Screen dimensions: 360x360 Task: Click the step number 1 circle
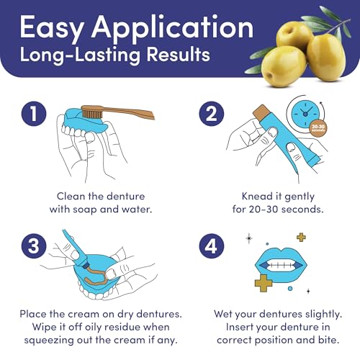(34, 114)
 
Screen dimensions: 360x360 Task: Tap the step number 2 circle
(212, 114)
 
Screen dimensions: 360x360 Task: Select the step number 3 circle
(34, 246)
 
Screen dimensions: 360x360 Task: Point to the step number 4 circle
(212, 246)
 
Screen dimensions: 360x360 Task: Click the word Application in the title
(172, 28)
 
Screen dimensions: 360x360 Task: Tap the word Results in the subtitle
(179, 54)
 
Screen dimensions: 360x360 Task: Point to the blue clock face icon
(305, 114)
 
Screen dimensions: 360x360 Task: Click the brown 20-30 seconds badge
(318, 128)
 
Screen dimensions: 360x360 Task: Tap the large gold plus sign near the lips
(264, 283)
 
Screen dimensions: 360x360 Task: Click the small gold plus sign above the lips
(301, 238)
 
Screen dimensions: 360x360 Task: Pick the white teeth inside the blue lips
(281, 265)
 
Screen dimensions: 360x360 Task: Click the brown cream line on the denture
(97, 276)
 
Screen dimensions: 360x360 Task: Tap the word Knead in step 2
(257, 197)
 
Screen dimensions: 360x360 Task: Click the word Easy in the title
(51, 28)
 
